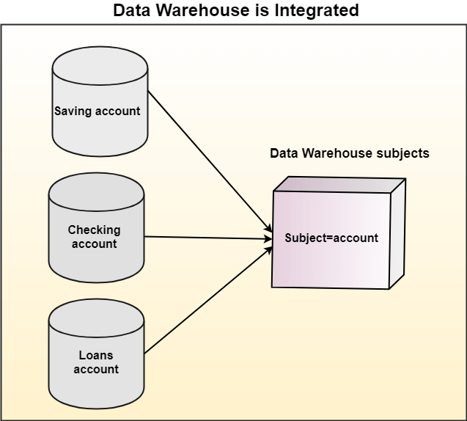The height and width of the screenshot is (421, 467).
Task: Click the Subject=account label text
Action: point(331,238)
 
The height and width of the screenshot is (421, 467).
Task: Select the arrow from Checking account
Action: point(205,237)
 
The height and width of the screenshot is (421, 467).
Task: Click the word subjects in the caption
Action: point(402,154)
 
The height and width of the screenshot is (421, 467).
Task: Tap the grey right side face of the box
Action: point(397,235)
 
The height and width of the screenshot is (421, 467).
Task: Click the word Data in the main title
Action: point(129,11)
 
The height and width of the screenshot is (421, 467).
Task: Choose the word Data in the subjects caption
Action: point(283,154)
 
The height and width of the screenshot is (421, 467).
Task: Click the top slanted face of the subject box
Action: point(339,183)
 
